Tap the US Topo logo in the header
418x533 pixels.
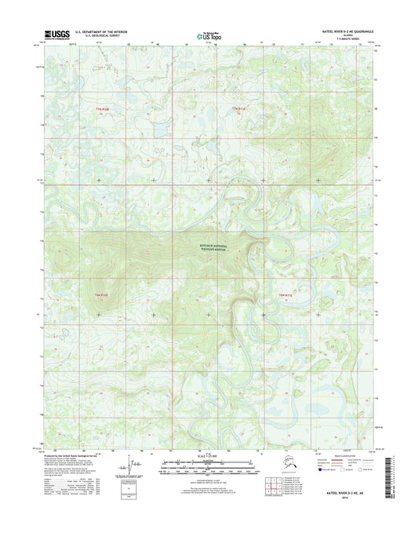pyautogui.click(x=208, y=35)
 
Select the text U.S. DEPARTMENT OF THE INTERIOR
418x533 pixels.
pyautogui.click(x=100, y=32)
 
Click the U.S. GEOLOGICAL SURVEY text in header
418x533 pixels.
pyautogui.click(x=100, y=37)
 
